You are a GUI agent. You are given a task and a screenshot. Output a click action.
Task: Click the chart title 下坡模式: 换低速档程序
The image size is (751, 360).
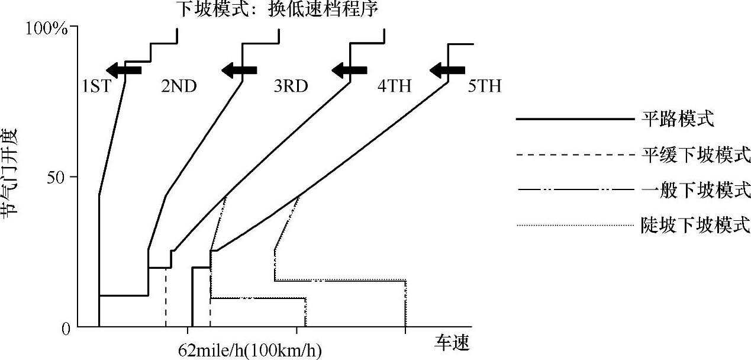[x=276, y=10]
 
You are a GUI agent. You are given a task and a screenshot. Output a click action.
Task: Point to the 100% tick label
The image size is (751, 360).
[x=48, y=28]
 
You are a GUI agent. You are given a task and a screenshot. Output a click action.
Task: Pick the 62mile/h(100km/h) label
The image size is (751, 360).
[x=250, y=351]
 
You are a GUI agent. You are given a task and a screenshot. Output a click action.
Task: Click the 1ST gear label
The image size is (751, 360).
[x=96, y=87]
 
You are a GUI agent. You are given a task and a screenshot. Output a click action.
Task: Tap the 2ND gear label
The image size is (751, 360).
[x=179, y=87]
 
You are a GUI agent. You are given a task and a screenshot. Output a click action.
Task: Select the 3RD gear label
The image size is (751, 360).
[x=291, y=87]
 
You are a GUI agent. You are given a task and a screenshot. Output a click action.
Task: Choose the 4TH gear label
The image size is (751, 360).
[x=394, y=87]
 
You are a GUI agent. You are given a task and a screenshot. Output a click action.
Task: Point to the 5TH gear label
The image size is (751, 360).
[x=484, y=87]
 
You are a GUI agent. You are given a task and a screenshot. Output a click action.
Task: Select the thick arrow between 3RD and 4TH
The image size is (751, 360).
[x=350, y=70]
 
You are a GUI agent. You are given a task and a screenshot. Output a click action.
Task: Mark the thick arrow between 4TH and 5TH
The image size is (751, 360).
[x=447, y=70]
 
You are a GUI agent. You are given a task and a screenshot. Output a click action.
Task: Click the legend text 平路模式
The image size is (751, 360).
[x=678, y=120]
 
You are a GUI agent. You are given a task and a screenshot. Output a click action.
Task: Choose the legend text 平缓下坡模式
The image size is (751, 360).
[x=696, y=155]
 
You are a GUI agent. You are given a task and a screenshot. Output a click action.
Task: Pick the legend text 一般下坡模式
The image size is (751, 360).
[x=696, y=190]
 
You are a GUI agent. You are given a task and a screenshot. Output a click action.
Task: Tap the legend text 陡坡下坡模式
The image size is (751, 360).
[x=696, y=225]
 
